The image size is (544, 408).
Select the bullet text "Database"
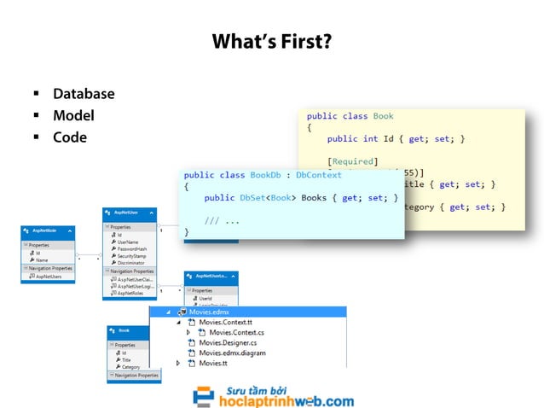[x=83, y=94]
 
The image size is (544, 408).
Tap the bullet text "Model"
[x=72, y=115]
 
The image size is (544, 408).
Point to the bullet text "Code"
[x=69, y=137]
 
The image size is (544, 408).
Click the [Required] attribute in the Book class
[x=351, y=160]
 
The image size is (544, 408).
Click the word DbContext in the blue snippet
[x=319, y=175]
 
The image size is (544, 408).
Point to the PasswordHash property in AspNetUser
[x=136, y=248]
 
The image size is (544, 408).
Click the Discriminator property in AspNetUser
[x=135, y=263]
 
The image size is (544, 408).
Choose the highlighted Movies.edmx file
[x=209, y=312]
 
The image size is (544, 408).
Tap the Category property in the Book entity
[x=130, y=367]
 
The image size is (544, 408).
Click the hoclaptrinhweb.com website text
[x=286, y=401]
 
